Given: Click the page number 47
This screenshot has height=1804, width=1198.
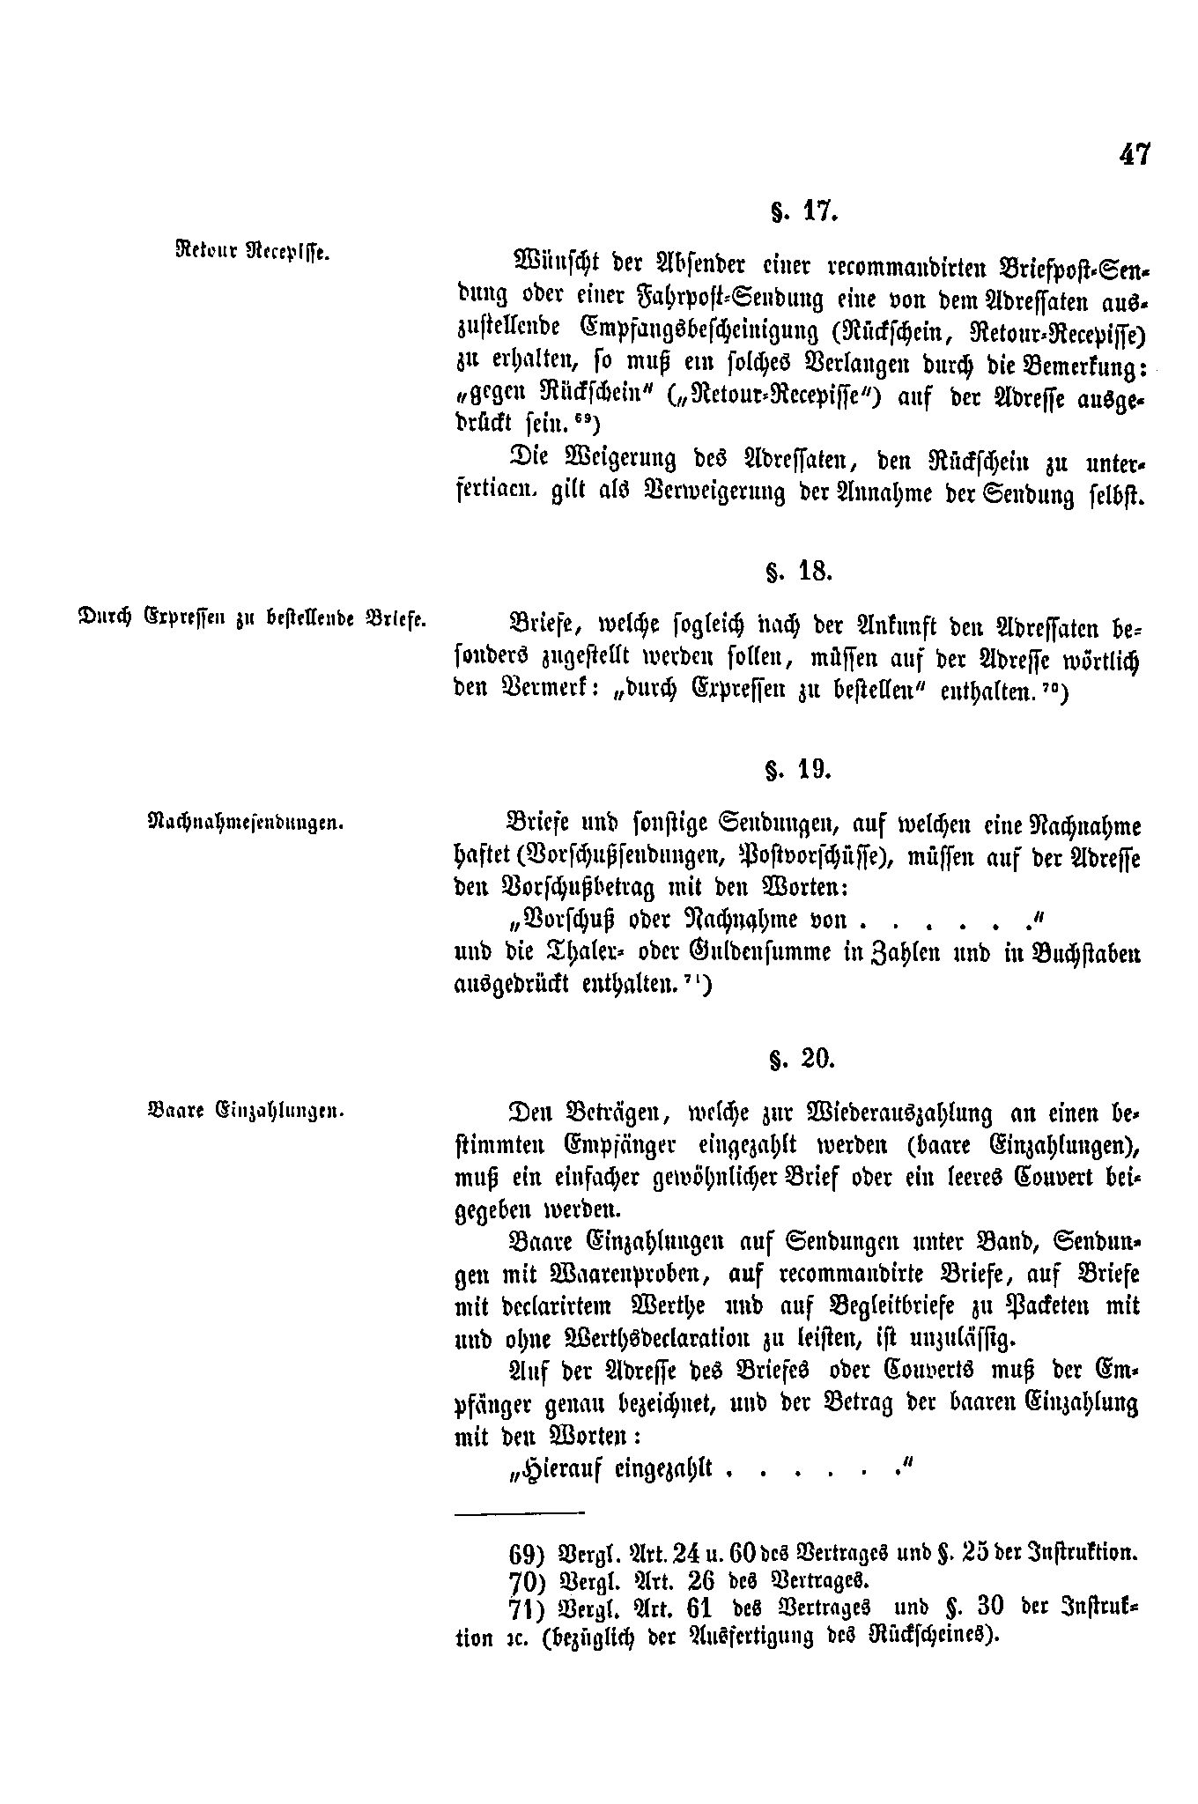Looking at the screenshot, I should [x=1134, y=154].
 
